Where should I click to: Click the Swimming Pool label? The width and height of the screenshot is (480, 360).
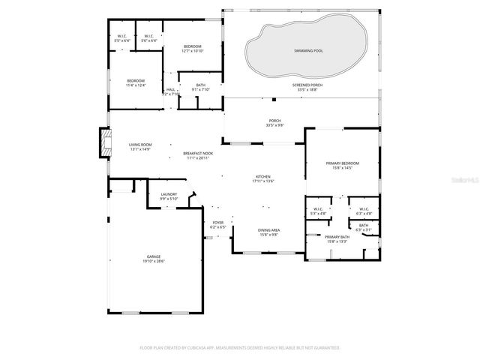(x=307, y=49)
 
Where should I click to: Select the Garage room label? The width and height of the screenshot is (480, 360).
(x=154, y=259)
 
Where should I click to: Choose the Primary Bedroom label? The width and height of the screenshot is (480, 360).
(x=338, y=165)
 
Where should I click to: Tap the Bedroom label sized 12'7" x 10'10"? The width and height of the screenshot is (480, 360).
(x=193, y=49)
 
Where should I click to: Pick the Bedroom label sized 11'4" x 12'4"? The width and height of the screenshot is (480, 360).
(x=136, y=82)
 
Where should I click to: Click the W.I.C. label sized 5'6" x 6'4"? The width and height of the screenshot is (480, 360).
(x=149, y=37)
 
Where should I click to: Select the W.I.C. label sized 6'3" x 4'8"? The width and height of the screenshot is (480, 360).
(x=364, y=211)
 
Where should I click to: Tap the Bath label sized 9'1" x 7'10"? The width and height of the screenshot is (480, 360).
(x=201, y=87)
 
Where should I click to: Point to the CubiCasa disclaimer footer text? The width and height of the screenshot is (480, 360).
(x=240, y=348)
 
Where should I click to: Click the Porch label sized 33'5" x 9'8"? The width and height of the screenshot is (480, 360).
(x=274, y=122)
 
